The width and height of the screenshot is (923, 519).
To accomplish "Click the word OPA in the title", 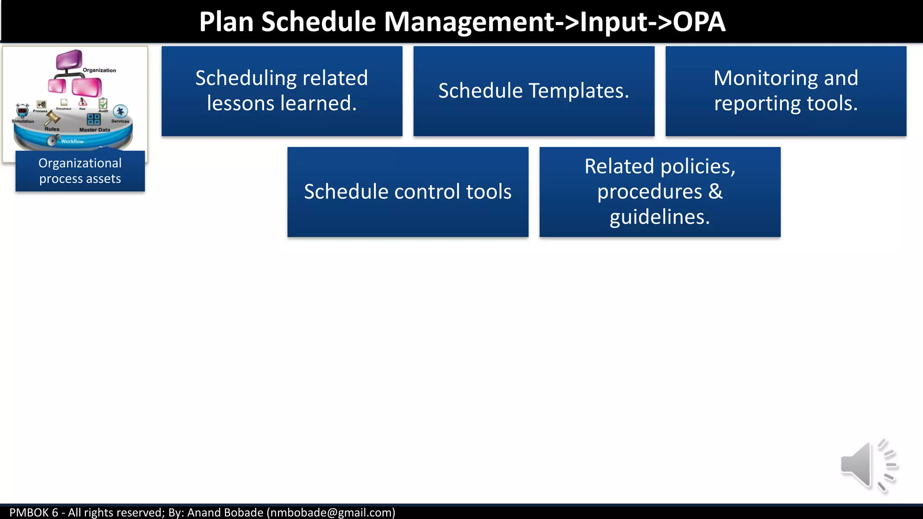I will coord(699,22).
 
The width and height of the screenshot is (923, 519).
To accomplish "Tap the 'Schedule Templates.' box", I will coord(534,91).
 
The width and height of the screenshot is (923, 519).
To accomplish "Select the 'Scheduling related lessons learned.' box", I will coord(282,91).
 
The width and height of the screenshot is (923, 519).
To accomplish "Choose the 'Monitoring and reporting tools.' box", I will coord(786,91).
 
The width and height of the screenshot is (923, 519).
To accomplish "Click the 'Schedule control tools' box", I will coord(407,192).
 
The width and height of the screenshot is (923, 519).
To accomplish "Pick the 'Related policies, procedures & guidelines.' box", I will coord(660,192).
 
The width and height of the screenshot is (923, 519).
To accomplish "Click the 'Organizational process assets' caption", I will coord(80,171).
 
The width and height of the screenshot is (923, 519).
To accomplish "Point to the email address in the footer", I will coord(331,513).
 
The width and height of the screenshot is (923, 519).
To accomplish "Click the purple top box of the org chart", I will coord(69,59).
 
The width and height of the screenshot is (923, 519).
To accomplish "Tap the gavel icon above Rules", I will coord(52,118).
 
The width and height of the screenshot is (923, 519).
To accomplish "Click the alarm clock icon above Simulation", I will coord(22,110).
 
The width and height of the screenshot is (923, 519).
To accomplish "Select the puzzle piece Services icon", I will coord(120,111).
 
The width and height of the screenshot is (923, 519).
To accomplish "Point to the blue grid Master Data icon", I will coord(94,119).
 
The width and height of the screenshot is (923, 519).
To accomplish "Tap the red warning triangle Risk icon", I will coord(82,102).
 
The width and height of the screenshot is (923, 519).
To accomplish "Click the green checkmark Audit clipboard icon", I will coord(103,104).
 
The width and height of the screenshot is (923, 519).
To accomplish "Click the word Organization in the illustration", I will coord(99,70).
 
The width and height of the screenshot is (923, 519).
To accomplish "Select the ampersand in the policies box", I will coord(715,192).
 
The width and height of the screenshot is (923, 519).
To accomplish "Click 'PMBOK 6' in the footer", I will coord(34,513).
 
